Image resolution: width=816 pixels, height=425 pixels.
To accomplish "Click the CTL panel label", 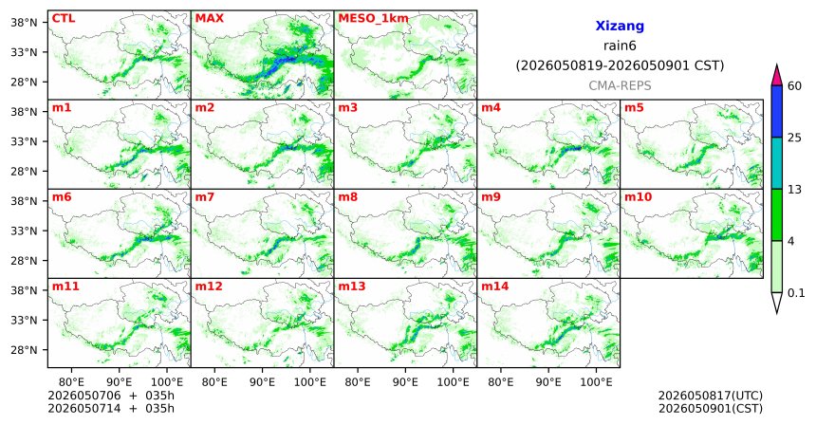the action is (x=64, y=18).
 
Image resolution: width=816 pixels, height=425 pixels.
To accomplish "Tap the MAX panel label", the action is (x=209, y=18).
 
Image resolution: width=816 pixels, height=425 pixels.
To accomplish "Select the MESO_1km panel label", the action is (x=373, y=19).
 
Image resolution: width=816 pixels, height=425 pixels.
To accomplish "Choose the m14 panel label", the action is (x=495, y=286).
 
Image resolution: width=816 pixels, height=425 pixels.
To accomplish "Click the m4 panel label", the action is (x=491, y=108).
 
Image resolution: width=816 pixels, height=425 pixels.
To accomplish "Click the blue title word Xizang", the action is (x=620, y=26).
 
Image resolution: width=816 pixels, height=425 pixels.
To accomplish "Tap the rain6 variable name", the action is (x=620, y=46).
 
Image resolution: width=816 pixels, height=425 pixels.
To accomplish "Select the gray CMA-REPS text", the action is (x=620, y=85).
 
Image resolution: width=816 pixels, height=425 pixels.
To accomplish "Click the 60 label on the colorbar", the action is (x=794, y=86).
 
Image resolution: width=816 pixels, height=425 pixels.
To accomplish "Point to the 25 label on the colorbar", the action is (x=794, y=138).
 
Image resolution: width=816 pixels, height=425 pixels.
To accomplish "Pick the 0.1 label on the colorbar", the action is (x=796, y=293).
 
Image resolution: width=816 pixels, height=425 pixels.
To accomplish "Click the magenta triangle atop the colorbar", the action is (x=777, y=76).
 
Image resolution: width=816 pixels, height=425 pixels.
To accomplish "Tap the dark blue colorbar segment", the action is (x=777, y=111).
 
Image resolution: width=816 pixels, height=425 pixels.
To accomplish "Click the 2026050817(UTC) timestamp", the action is (x=711, y=397).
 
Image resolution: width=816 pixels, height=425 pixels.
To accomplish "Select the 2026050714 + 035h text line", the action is (x=111, y=409).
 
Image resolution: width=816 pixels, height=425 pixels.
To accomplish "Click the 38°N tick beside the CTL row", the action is (x=24, y=23).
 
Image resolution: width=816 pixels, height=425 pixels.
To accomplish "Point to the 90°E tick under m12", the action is (x=262, y=382).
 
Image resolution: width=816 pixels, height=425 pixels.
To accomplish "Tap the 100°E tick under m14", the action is (x=596, y=382).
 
